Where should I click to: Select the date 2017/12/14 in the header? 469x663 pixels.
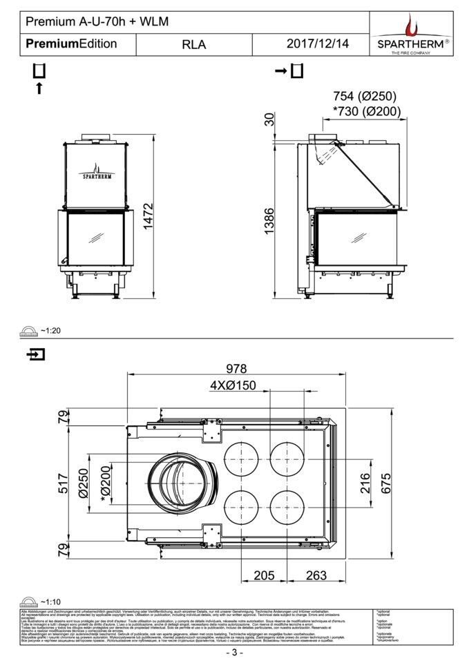(318, 44)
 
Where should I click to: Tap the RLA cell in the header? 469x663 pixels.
(194, 44)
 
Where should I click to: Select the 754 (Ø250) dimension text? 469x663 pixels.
(365, 96)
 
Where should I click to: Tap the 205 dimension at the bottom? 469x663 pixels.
(265, 575)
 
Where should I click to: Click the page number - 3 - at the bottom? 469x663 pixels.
(234, 653)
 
